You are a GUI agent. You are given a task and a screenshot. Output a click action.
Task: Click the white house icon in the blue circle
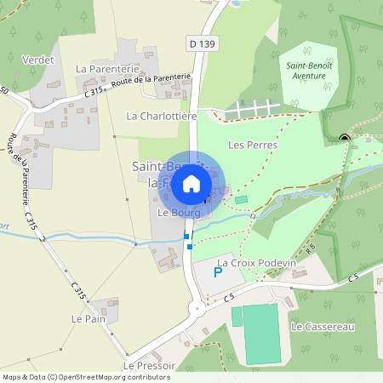pyautogui.click(x=191, y=183)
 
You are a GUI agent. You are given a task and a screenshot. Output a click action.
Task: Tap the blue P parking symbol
pyautogui.click(x=217, y=273)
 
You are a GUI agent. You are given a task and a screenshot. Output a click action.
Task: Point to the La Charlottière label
pyautogui.click(x=162, y=115)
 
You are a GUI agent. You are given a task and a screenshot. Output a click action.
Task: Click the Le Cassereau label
pyautogui.click(x=322, y=326)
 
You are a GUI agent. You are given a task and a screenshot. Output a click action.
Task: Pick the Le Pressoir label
pyautogui.click(x=149, y=365)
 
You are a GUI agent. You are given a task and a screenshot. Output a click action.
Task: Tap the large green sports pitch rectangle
pyautogui.click(x=260, y=334)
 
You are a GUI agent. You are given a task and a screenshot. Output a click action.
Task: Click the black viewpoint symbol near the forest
pyautogui.click(x=345, y=139)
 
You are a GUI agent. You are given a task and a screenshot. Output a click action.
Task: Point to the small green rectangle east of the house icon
pyautogui.click(x=241, y=199)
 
